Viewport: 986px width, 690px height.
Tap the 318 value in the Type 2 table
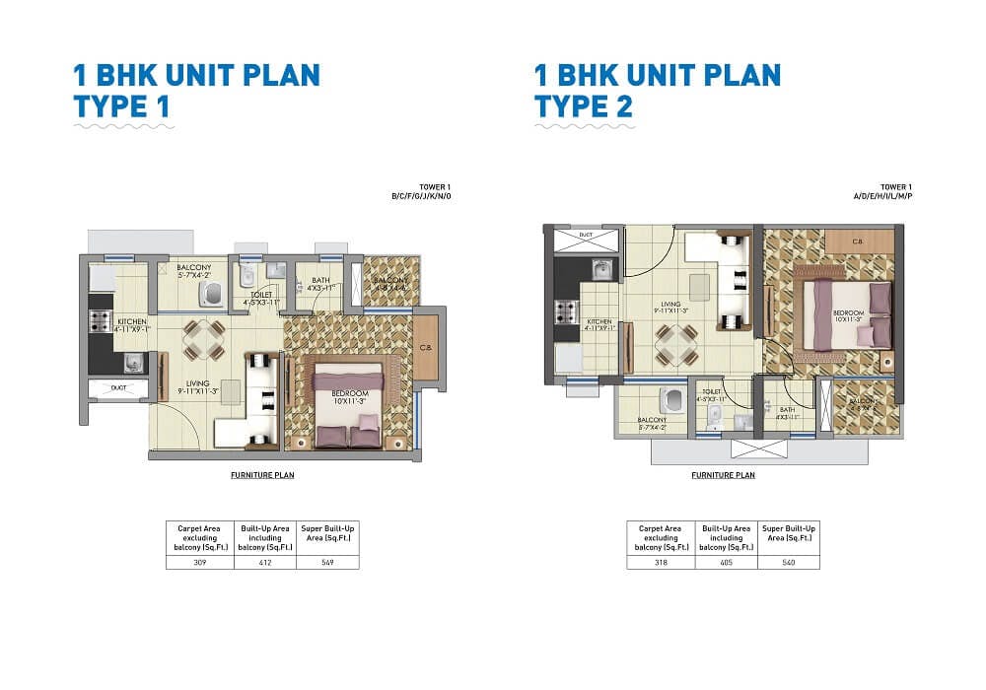[661, 563]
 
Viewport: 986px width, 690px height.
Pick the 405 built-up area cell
[727, 563]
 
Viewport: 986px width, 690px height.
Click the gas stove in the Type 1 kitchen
[100, 319]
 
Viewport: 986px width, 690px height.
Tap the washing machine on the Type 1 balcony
[211, 293]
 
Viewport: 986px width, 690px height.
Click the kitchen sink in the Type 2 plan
[599, 269]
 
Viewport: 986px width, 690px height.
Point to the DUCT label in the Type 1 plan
[118, 388]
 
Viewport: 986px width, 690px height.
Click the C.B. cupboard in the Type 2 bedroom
[859, 241]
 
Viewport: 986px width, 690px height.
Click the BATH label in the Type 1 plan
[319, 281]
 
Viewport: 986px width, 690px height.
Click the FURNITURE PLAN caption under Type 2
[723, 475]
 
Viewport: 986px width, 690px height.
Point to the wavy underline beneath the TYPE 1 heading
[124, 126]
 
